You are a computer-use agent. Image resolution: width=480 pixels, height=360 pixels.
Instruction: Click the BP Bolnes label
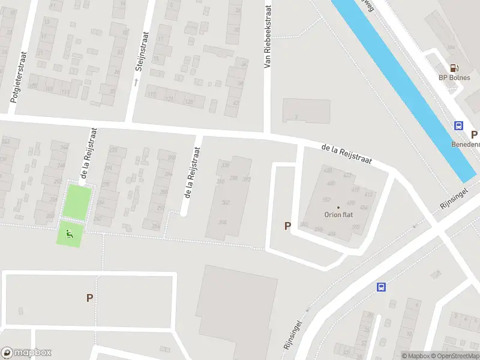(454, 78)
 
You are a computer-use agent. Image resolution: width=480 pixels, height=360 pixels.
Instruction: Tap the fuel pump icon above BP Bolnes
(454, 68)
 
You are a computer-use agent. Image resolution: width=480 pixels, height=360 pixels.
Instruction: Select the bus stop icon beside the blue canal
(458, 126)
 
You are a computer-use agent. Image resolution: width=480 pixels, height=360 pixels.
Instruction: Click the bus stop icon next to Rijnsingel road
(380, 287)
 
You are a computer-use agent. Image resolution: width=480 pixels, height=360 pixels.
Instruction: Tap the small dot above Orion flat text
(338, 208)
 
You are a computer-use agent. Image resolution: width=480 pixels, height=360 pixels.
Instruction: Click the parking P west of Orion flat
(287, 226)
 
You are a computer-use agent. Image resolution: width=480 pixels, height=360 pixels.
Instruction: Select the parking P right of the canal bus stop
(474, 135)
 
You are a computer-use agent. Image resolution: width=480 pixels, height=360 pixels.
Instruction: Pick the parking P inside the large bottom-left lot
(89, 298)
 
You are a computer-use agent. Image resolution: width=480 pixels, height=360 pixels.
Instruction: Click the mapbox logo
(26, 353)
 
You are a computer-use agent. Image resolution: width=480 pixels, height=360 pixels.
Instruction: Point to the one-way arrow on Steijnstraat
(136, 82)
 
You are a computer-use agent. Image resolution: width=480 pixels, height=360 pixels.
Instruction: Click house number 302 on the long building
(226, 203)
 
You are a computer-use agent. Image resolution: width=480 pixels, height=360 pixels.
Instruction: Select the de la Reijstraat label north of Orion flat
(346, 154)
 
